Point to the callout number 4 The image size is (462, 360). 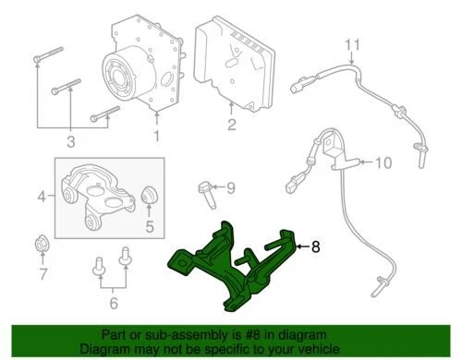pos(40,195)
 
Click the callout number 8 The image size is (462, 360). pos(315,246)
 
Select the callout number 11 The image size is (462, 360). pos(350,43)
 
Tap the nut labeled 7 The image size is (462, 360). pos(40,246)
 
